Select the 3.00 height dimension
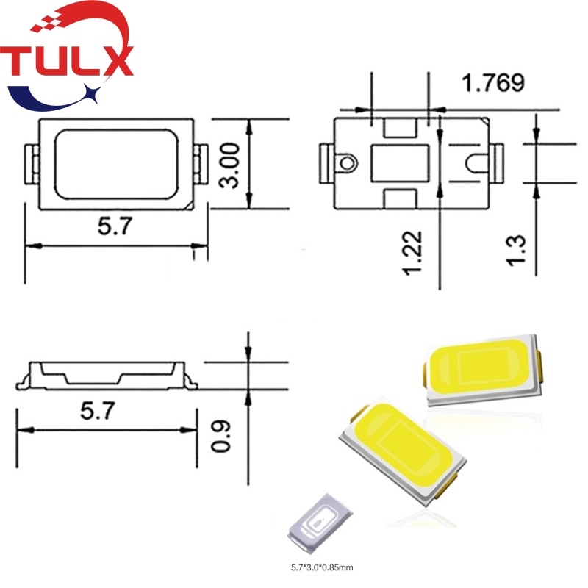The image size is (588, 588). [x=231, y=165]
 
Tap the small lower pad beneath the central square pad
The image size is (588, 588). [x=401, y=198]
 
